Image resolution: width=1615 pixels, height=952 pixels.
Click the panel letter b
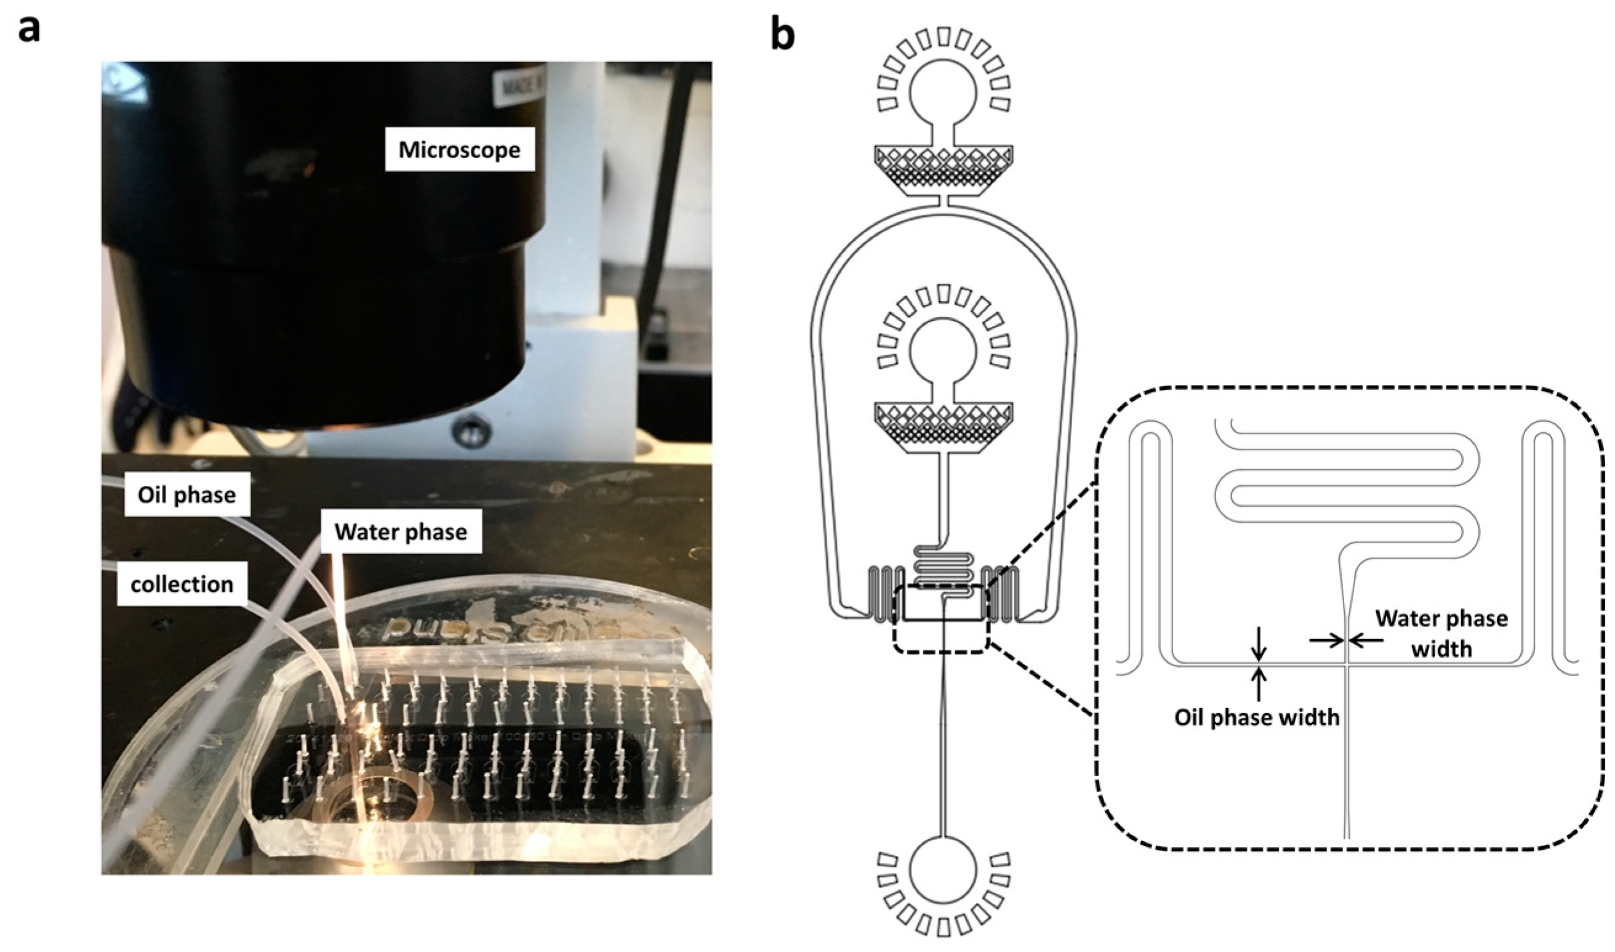(782, 35)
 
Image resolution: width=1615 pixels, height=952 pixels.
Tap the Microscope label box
(459, 150)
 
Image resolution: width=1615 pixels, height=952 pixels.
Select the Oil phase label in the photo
(186, 494)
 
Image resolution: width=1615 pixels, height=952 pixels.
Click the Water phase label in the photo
(401, 532)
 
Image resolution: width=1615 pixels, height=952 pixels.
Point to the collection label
(182, 584)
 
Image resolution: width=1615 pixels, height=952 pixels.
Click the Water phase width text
(1441, 634)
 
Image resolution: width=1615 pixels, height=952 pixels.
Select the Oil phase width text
(1257, 717)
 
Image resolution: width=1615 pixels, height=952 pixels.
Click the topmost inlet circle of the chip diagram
(943, 92)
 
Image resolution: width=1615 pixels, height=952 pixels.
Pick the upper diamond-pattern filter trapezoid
(943, 163)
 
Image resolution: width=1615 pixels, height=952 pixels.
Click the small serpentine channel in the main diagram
(943, 565)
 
